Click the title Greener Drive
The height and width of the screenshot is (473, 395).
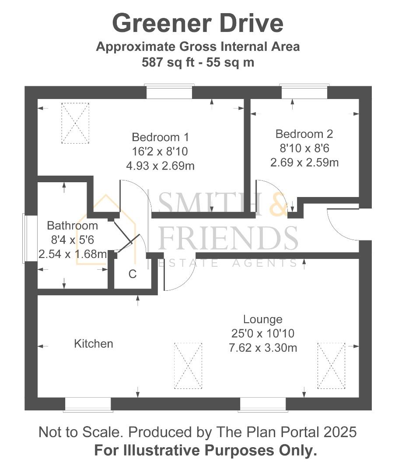[x=198, y=24]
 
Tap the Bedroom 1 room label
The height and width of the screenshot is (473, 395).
[x=160, y=137]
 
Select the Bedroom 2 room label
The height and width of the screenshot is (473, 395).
[x=304, y=134]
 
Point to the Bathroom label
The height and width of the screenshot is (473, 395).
[x=72, y=226]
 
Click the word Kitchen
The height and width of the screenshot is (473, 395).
[x=94, y=344]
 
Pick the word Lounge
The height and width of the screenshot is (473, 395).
[x=263, y=319]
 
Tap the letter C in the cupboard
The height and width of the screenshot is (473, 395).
[x=133, y=274]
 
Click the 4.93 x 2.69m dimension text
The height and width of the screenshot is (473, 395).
[x=160, y=166]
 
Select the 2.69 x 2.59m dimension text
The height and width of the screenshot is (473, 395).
[x=304, y=162]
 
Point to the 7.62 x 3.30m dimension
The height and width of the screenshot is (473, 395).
[x=263, y=348]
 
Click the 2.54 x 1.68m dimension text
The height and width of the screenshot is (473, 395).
[x=72, y=254]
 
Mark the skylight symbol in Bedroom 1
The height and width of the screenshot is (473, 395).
[x=75, y=123]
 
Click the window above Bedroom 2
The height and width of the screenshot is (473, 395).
[x=304, y=92]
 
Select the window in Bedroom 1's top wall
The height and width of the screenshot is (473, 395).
[x=169, y=92]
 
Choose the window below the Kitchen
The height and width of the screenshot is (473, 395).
[x=88, y=405]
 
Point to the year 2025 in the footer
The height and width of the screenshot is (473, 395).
[x=340, y=432]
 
